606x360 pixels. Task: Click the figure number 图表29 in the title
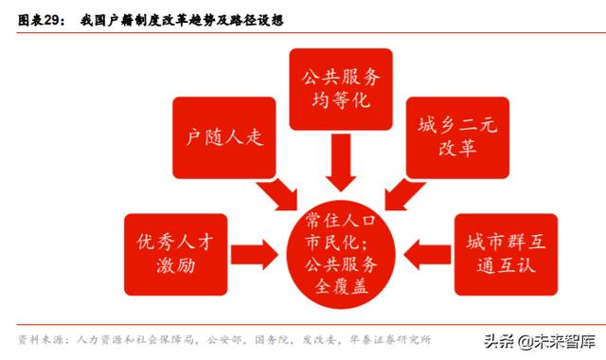tap(41, 20)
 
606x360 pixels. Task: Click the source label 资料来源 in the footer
tap(41, 338)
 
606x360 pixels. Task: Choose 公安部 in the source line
tap(226, 338)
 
